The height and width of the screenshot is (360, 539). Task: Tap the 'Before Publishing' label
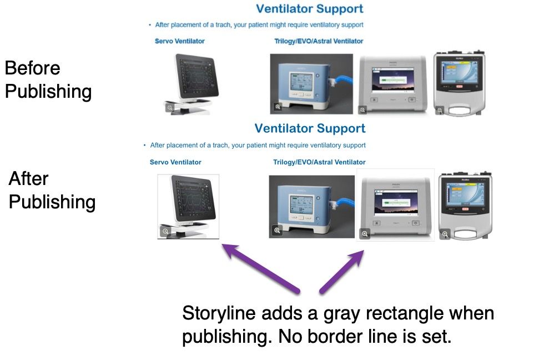pyautogui.click(x=48, y=80)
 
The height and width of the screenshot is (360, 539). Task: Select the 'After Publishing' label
pyautogui.click(x=52, y=190)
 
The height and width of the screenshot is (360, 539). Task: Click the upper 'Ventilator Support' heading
pyautogui.click(x=310, y=9)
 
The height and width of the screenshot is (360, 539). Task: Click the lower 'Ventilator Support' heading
pyautogui.click(x=310, y=129)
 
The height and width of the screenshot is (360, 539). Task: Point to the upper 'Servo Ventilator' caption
pyautogui.click(x=180, y=41)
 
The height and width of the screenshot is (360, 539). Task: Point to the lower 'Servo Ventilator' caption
pyautogui.click(x=175, y=162)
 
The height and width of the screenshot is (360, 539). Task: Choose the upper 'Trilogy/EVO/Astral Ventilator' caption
pyautogui.click(x=319, y=41)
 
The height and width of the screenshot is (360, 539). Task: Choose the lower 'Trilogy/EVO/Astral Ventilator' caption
pyautogui.click(x=319, y=162)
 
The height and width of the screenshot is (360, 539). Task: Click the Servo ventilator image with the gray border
pyautogui.click(x=188, y=206)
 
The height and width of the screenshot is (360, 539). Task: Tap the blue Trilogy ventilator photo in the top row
pyautogui.click(x=311, y=84)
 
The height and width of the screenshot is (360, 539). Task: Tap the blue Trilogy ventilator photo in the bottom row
pyautogui.click(x=311, y=206)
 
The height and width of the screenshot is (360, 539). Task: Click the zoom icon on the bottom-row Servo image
pyautogui.click(x=165, y=231)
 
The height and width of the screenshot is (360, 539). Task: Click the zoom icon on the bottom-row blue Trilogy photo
pyautogui.click(x=277, y=230)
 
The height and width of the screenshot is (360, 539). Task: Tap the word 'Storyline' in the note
pyautogui.click(x=217, y=313)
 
